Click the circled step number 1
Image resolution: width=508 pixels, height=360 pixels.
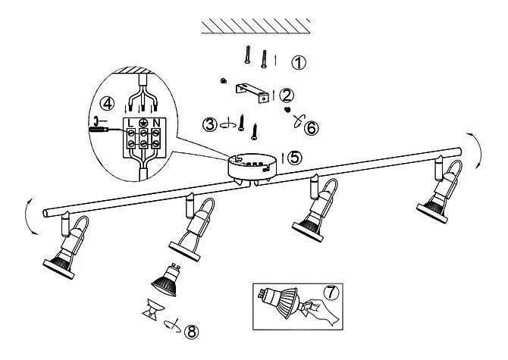coord(299,63)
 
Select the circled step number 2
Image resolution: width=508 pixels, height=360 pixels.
coord(287,95)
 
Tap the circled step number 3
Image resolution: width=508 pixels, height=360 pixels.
coord(210,124)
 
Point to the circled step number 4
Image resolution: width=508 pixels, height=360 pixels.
coord(107,104)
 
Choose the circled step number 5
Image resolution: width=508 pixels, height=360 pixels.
coord(295,158)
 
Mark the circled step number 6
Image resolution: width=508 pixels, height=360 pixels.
coord(311,128)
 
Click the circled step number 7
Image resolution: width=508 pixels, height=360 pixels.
coord(331,293)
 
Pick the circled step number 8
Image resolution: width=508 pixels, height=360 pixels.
coord(191,331)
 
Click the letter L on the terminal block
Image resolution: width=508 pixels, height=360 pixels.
coord(130,123)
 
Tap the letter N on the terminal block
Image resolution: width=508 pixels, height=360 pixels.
coord(156,123)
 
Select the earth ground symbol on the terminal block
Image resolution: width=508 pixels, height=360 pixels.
coord(143,123)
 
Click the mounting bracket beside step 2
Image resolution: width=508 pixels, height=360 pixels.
coord(252,93)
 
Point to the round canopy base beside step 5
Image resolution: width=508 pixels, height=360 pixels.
coord(252,167)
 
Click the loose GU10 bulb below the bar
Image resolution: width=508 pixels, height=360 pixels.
coord(166,280)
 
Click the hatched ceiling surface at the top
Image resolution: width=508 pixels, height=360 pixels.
coord(256,26)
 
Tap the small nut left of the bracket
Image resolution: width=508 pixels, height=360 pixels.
coord(223,80)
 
